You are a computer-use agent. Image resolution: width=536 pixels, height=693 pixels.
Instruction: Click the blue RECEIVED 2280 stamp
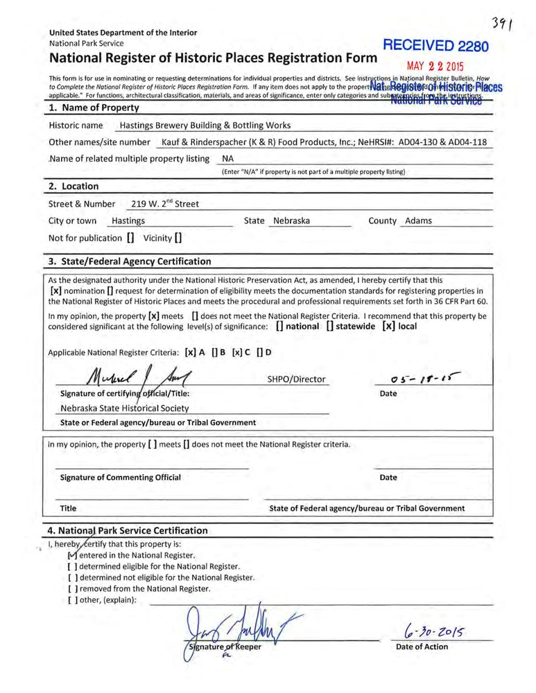pyautogui.click(x=436, y=47)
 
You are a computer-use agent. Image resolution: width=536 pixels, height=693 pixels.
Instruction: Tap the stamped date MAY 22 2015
pyautogui.click(x=435, y=68)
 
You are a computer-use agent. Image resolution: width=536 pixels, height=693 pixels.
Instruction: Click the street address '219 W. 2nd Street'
pyautogui.click(x=165, y=204)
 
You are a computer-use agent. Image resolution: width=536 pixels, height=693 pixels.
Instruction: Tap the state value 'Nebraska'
pyautogui.click(x=291, y=221)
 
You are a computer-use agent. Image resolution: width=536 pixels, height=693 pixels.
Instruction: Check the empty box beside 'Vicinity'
pyautogui.click(x=179, y=238)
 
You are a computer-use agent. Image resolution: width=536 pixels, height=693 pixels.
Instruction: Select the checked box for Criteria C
pyautogui.click(x=238, y=352)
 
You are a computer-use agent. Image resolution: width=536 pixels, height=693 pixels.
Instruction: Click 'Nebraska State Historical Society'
pyautogui.click(x=125, y=408)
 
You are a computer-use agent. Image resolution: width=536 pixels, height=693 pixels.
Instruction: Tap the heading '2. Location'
pyautogui.click(x=74, y=186)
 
